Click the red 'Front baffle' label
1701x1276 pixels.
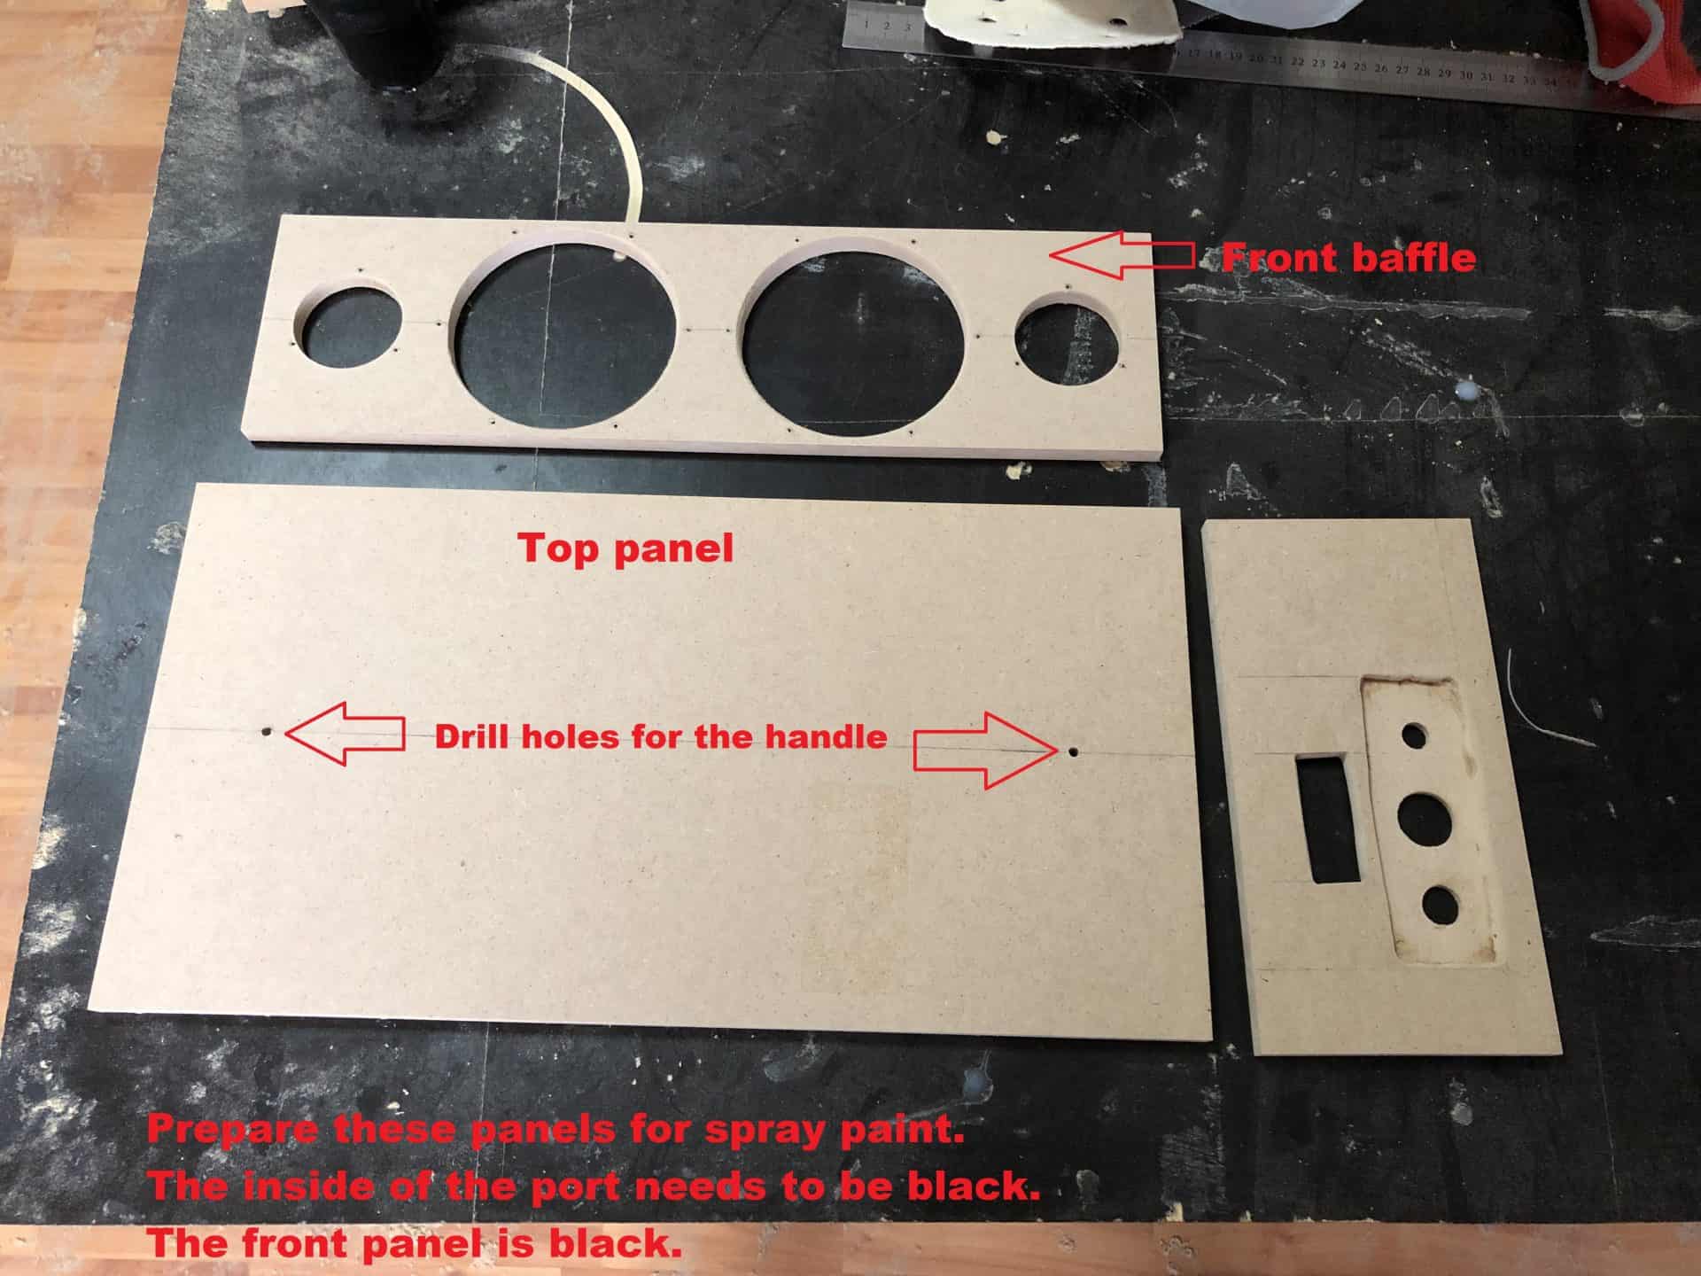pyautogui.click(x=1348, y=258)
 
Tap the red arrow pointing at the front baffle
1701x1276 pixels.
pyautogui.click(x=1121, y=255)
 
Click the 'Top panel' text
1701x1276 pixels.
pyautogui.click(x=625, y=548)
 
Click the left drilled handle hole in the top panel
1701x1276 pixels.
pyautogui.click(x=267, y=733)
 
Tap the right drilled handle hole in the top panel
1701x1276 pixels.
pyautogui.click(x=1073, y=751)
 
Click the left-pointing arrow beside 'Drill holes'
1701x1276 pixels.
pyautogui.click(x=344, y=733)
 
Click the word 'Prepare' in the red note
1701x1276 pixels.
pyautogui.click(x=230, y=1131)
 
